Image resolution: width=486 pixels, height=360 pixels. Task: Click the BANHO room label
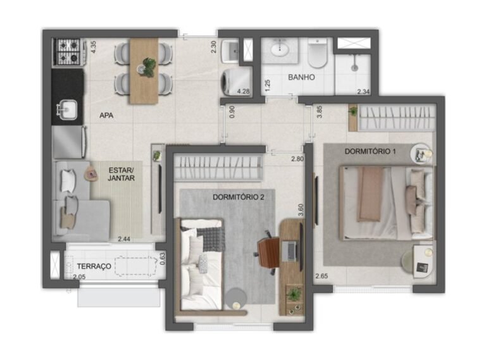click(301, 77)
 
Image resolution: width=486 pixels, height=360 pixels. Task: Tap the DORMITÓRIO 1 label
click(370, 151)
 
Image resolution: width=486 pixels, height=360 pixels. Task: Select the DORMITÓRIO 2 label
click(239, 197)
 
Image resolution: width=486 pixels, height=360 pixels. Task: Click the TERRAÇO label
click(94, 266)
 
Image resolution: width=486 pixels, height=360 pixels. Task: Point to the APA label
click(106, 116)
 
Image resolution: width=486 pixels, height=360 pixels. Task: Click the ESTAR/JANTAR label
click(121, 174)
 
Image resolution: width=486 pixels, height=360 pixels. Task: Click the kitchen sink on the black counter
click(67, 109)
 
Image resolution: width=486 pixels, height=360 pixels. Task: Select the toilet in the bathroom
click(318, 53)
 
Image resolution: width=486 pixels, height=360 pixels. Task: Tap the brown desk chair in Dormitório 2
click(268, 252)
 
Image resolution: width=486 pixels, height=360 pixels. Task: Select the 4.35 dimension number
click(93, 47)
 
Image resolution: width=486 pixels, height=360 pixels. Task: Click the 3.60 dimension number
click(301, 210)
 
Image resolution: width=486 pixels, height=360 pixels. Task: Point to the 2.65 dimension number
click(321, 276)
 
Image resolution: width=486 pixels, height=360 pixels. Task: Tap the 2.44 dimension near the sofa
click(124, 239)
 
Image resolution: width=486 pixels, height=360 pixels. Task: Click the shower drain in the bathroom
click(354, 68)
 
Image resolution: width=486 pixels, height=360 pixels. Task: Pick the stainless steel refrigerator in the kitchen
click(69, 142)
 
